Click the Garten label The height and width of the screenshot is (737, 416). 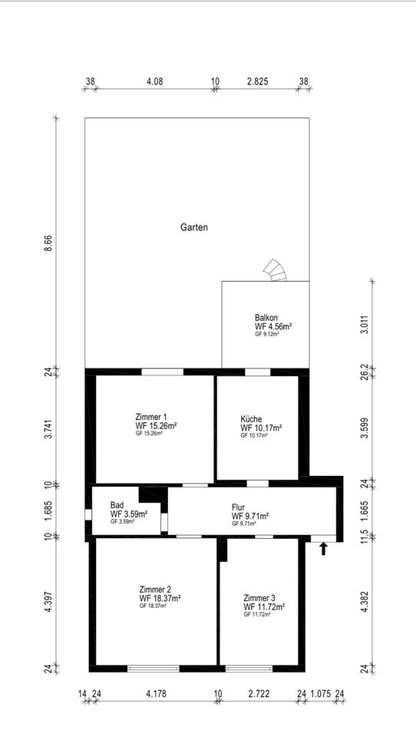point(194,227)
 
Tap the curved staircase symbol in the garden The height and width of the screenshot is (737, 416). point(276,271)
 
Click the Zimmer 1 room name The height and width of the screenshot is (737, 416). point(150,417)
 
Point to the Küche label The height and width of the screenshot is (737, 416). point(251,419)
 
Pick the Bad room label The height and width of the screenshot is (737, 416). point(117,506)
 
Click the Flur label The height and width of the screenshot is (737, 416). point(239,507)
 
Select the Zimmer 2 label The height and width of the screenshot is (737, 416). point(155,590)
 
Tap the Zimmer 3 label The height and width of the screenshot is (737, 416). point(259,598)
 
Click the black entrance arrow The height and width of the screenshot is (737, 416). point(323,548)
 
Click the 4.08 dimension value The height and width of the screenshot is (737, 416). point(154,81)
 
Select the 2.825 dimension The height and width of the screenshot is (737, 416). point(257,81)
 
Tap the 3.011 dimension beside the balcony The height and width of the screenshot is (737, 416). point(363,326)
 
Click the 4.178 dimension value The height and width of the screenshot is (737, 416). point(156,693)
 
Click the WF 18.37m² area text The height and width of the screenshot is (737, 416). point(160,598)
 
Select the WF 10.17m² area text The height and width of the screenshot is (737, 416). point(261,428)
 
